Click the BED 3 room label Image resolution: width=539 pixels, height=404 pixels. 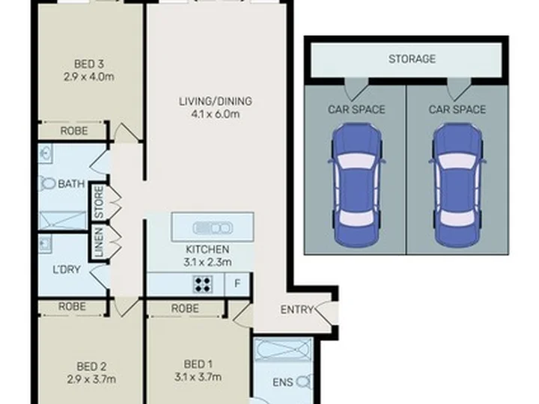89,64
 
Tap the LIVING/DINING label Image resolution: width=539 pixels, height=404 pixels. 216,101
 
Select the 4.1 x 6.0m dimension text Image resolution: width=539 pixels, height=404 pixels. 215,114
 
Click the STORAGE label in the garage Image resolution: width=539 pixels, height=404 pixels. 412,59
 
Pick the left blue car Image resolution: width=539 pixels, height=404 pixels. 357,186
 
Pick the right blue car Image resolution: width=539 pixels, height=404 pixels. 457,186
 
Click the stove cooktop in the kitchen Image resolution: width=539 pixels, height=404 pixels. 202,284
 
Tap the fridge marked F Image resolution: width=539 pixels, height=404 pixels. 237,284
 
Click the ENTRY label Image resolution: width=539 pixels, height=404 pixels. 296,310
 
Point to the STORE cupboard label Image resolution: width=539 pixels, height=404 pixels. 99,202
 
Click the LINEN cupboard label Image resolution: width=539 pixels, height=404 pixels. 99,242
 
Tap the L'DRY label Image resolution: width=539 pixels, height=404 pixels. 67,269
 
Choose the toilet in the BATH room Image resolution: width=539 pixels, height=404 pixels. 47,183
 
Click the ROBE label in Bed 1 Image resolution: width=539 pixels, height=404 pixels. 185,308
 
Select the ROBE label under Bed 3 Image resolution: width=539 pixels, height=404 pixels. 74,130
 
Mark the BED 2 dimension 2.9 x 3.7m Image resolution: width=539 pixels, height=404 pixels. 91,379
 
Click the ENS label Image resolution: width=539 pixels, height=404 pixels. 282,382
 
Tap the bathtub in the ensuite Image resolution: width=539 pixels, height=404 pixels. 284,349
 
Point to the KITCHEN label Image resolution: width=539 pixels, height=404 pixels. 207,249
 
